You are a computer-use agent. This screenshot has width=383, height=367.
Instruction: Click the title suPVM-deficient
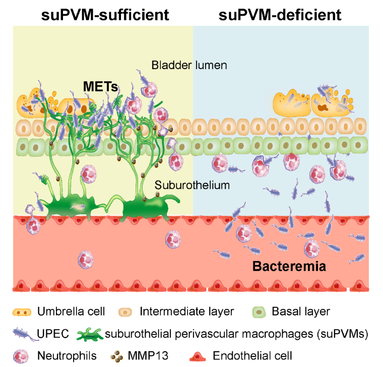point(280,15)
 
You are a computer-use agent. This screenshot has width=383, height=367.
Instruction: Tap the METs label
point(100,87)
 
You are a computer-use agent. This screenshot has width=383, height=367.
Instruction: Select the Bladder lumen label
point(189,65)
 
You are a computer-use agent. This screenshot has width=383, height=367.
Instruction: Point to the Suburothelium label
point(192,185)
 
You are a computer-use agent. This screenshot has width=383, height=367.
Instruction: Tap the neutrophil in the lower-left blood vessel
point(86,260)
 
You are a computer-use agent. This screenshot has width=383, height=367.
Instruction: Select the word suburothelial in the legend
point(134,334)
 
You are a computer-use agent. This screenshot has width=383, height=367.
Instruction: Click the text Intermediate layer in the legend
point(186,311)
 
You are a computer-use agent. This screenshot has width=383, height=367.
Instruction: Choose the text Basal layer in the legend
point(301,311)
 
